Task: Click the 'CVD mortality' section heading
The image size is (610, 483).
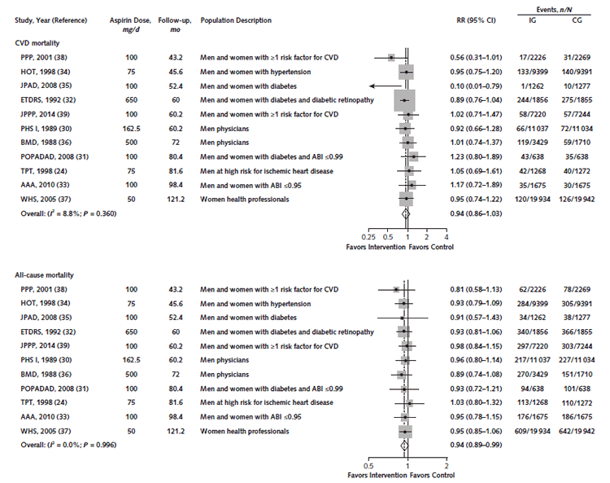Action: pyautogui.click(x=37, y=43)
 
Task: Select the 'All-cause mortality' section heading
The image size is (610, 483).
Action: pyautogui.click(x=44, y=275)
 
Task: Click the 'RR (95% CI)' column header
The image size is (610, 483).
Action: pyautogui.click(x=476, y=20)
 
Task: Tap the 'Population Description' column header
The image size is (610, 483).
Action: pyautogui.click(x=236, y=20)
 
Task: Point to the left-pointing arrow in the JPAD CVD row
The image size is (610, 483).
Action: pyautogui.click(x=386, y=86)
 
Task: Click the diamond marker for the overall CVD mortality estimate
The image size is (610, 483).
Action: pyautogui.click(x=406, y=213)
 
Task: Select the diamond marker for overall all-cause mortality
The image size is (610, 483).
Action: pyautogui.click(x=404, y=445)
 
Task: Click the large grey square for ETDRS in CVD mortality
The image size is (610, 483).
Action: pyautogui.click(x=404, y=100)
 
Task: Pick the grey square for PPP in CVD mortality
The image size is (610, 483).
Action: pyautogui.click(x=391, y=58)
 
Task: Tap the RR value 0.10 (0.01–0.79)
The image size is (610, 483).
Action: pyautogui.click(x=476, y=86)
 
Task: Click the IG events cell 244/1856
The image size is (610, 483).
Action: pyautogui.click(x=533, y=100)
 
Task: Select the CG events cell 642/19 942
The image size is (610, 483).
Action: pyautogui.click(x=577, y=431)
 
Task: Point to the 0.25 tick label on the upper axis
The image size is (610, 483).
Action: pyautogui.click(x=368, y=237)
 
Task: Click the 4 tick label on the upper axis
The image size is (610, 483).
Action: pyautogui.click(x=447, y=237)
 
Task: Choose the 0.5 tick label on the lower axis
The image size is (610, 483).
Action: pyautogui.click(x=368, y=466)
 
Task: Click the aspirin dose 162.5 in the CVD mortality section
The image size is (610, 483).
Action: pyautogui.click(x=132, y=129)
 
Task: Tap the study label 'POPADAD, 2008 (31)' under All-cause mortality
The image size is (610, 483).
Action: pyautogui.click(x=54, y=389)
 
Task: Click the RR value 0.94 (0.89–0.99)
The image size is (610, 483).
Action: pyautogui.click(x=476, y=445)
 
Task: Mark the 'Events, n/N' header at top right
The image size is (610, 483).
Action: pyautogui.click(x=554, y=10)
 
